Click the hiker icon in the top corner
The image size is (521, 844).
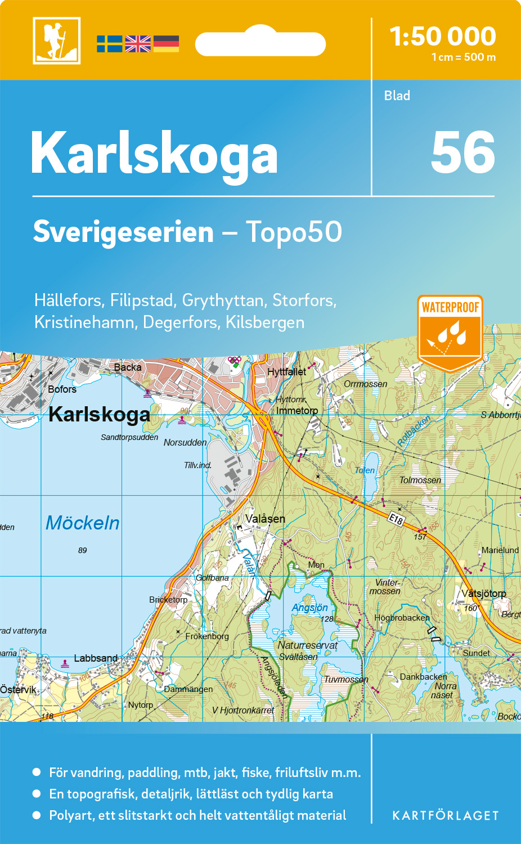(x=57, y=41)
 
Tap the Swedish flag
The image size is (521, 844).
(x=109, y=44)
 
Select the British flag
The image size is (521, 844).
(x=138, y=44)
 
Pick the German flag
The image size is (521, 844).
(x=166, y=44)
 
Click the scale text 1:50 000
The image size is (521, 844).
(x=443, y=37)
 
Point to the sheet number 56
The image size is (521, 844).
(x=462, y=152)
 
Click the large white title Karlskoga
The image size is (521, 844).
(x=154, y=154)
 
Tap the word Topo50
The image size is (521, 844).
(x=294, y=232)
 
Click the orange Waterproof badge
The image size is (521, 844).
(x=450, y=332)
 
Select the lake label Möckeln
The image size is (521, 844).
(x=83, y=523)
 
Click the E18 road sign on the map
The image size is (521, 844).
(x=396, y=519)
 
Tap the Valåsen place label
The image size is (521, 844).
(x=265, y=519)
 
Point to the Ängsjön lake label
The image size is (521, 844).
(x=309, y=608)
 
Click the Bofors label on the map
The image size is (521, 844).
(x=62, y=389)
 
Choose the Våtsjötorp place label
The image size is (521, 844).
(x=484, y=593)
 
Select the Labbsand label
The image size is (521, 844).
(x=96, y=658)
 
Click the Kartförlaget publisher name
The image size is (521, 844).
(x=446, y=815)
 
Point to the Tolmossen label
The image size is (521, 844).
(x=420, y=480)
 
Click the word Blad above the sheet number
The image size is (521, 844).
(x=397, y=96)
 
